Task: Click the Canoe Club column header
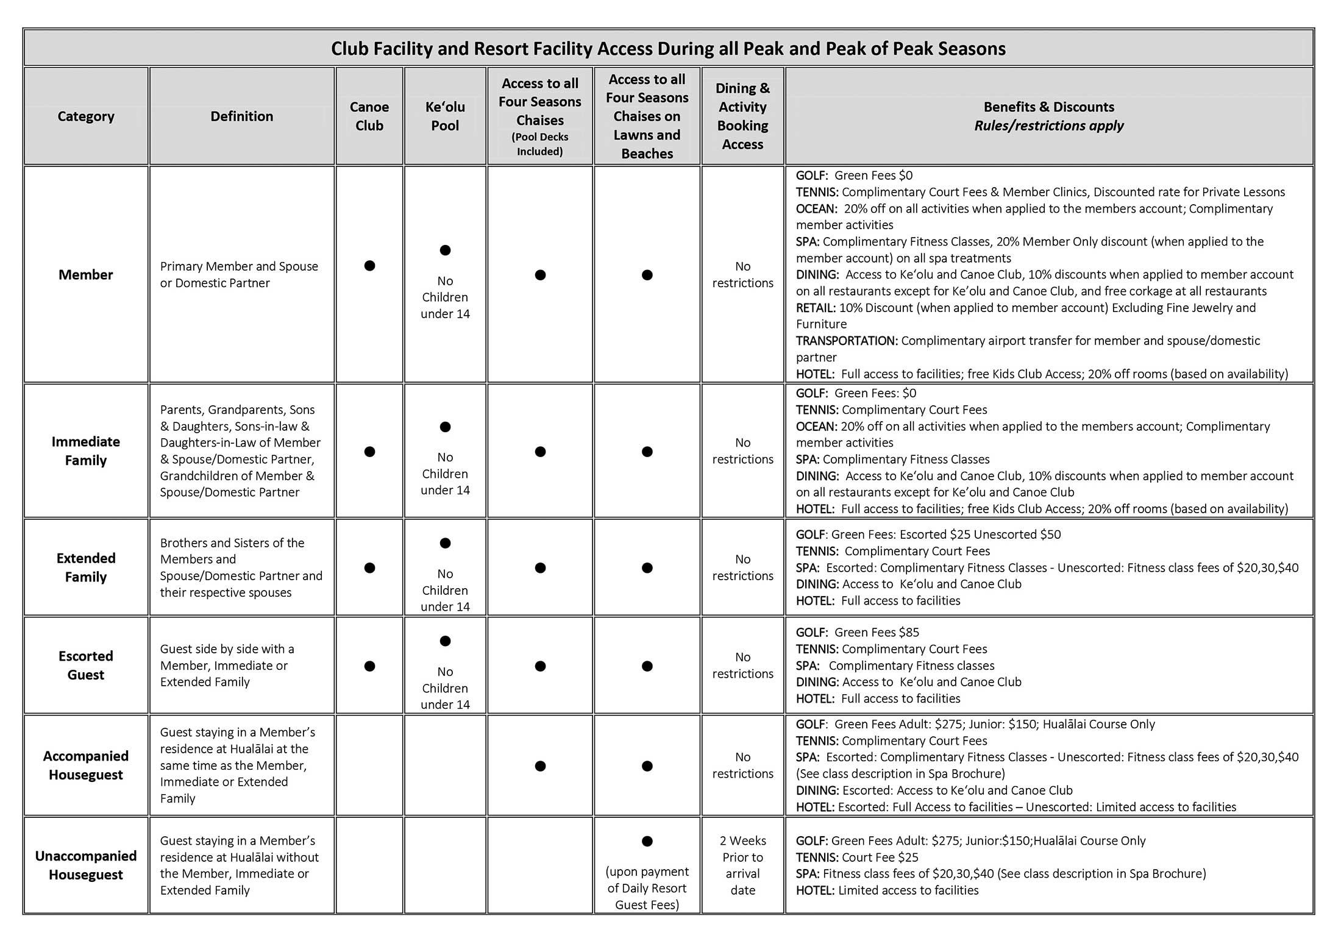(369, 116)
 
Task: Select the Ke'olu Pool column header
(445, 116)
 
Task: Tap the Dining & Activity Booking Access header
(742, 116)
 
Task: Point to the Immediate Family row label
(86, 451)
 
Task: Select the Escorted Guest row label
(86, 666)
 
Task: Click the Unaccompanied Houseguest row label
(86, 865)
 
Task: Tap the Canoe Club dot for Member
(369, 266)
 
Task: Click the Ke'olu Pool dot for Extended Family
(445, 543)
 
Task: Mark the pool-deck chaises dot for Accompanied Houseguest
(540, 766)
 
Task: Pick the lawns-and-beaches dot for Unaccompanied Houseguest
(647, 841)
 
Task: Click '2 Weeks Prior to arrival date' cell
(742, 865)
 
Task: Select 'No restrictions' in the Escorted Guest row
(742, 666)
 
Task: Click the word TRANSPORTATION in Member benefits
(847, 341)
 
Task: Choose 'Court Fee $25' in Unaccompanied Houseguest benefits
(880, 858)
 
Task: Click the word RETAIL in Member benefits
(816, 308)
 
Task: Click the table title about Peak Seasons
(668, 49)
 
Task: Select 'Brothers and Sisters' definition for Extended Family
(232, 543)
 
